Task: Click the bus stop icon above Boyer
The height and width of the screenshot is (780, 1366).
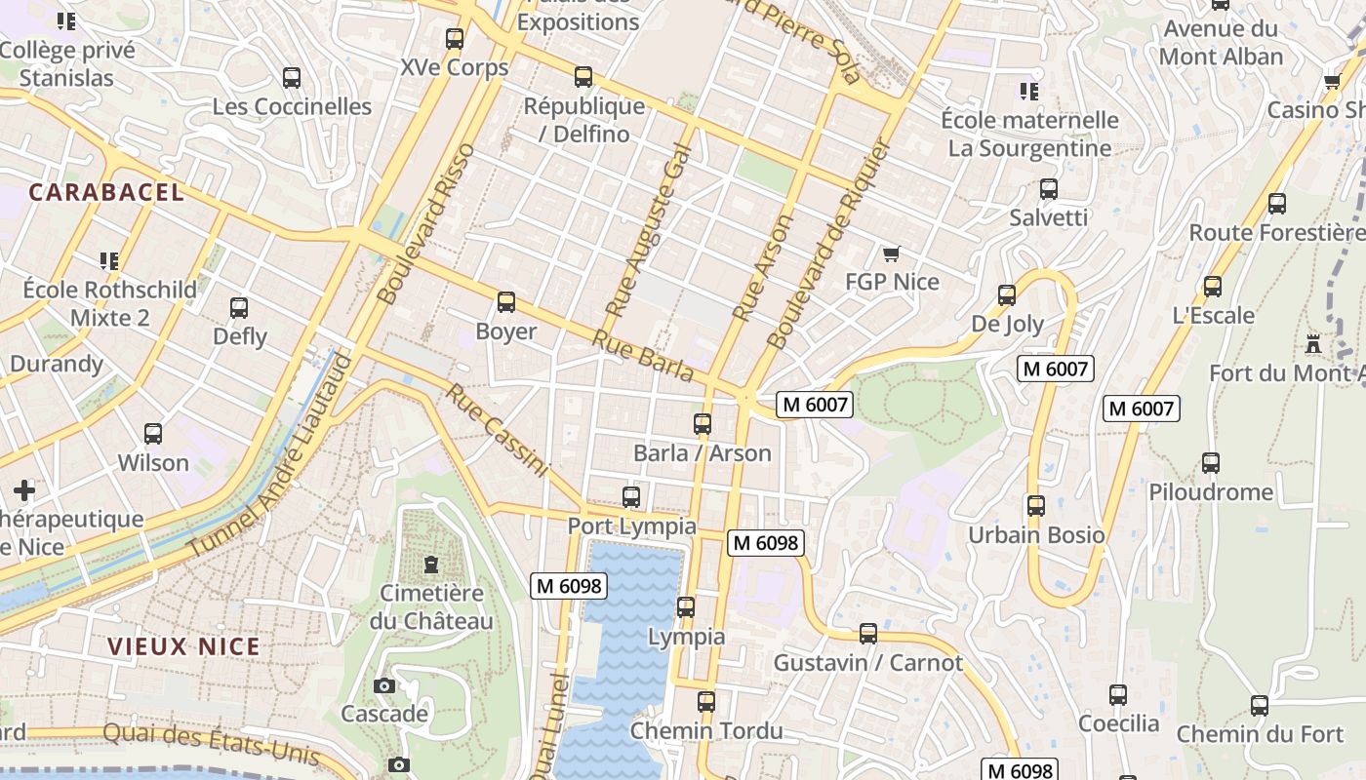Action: coord(505,302)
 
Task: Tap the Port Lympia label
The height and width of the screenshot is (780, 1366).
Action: coord(631,526)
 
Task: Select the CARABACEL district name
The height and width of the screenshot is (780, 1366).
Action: coord(106,192)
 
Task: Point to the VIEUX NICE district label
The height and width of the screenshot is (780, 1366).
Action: coord(184,646)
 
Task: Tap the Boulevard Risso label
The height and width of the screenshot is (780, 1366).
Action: coord(424,223)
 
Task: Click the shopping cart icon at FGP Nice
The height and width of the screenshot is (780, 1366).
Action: coord(890,254)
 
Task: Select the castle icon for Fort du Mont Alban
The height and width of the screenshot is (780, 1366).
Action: coord(1313,344)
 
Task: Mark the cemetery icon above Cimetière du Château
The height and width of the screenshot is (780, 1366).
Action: coord(430,564)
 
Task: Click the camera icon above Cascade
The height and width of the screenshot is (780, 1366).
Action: coord(384,685)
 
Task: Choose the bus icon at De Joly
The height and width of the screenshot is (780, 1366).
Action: coord(1007,294)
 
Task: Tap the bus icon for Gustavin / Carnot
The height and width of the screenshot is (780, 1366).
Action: coord(867,634)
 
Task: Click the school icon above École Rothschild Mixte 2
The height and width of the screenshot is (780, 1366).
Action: coord(108,260)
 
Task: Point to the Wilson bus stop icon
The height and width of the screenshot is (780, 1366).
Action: coord(153,434)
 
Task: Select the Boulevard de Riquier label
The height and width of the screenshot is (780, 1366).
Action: coord(829,244)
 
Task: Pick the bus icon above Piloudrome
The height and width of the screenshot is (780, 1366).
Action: coord(1211,463)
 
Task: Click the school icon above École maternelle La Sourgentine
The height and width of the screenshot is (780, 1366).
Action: coord(1028,92)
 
